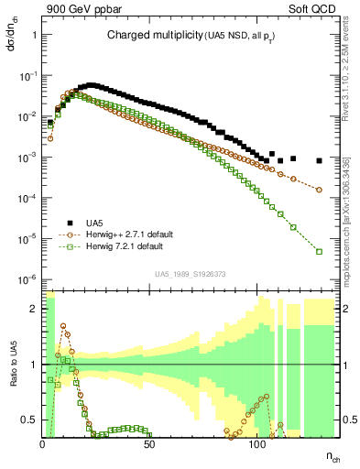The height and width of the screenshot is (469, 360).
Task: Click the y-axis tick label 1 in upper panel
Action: (33, 35)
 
